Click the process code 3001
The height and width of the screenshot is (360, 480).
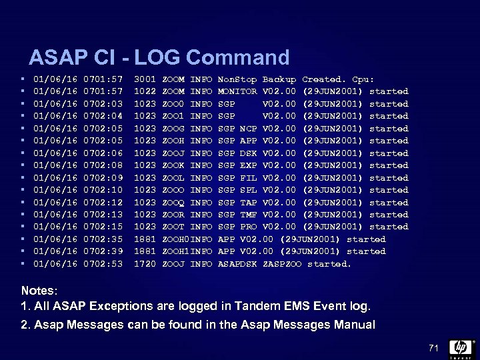click(145, 79)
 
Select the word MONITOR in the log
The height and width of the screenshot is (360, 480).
click(237, 91)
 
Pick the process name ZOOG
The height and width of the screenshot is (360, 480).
click(173, 129)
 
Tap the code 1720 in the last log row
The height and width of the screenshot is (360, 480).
click(145, 264)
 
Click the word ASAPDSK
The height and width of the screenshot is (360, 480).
click(237, 264)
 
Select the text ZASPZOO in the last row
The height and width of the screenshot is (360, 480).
click(282, 264)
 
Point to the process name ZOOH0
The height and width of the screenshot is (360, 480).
click(175, 239)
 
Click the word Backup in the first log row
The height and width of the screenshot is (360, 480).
click(279, 79)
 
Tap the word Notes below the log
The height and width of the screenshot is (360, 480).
click(39, 291)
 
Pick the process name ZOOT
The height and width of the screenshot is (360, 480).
click(173, 227)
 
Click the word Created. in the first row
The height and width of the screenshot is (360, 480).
click(324, 79)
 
